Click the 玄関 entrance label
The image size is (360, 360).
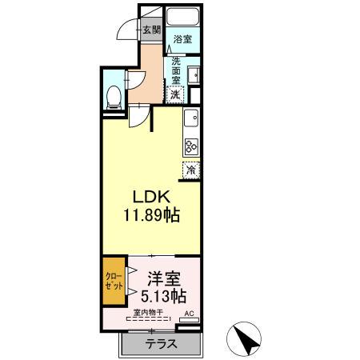point(150,30)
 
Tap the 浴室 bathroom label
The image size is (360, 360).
point(182,38)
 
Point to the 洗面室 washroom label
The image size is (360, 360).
point(176,70)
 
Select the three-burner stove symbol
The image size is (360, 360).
point(191,146)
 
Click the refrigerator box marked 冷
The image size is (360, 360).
point(191,169)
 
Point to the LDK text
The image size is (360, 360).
point(150,197)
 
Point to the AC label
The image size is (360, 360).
point(190,314)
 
